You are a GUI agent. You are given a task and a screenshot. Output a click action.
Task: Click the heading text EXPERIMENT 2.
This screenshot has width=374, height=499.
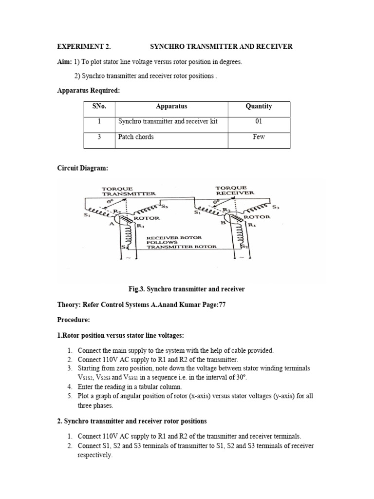[x=84, y=47]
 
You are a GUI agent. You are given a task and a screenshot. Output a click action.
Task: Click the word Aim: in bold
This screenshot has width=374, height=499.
[x=65, y=62]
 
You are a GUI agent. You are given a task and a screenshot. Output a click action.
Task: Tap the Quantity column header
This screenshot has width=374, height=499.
[x=259, y=106]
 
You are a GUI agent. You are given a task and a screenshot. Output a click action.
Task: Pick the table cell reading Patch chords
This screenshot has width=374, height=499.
[x=136, y=137]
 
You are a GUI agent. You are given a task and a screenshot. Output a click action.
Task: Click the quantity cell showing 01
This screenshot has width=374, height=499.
[x=259, y=121]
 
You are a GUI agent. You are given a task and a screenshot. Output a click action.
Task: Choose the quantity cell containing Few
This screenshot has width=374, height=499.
[x=259, y=137]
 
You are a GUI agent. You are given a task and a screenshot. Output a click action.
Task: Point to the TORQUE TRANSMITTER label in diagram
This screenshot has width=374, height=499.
[x=128, y=191]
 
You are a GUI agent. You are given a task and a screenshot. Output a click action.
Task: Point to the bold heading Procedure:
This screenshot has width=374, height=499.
[x=74, y=320]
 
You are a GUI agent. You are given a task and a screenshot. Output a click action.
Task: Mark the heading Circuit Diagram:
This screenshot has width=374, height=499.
[x=83, y=168]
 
